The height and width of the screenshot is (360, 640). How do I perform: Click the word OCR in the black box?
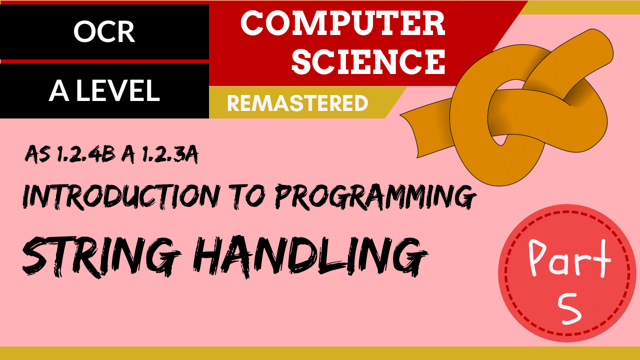(104, 32)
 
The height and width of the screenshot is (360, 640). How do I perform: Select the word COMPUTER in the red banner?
(343, 23)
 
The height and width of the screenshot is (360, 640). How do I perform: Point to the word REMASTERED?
(297, 103)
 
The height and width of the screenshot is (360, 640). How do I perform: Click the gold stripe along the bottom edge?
(320, 353)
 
